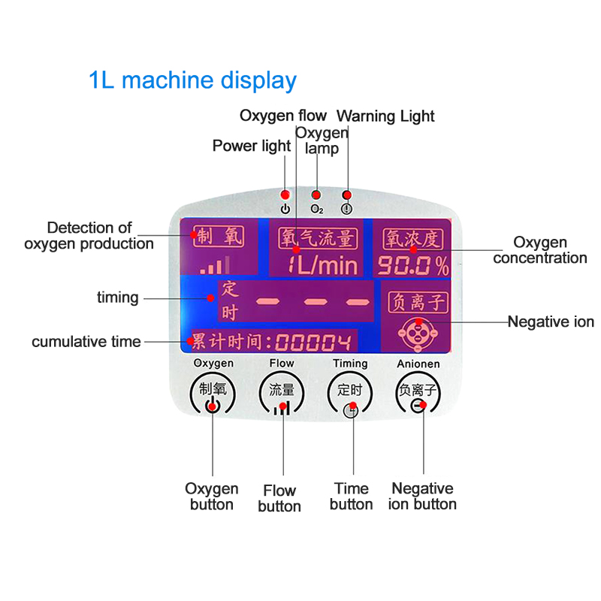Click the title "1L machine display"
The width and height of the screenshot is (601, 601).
(192, 80)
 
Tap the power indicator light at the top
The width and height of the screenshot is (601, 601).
(285, 195)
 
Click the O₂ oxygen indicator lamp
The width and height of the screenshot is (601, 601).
(317, 195)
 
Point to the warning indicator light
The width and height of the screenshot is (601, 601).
(346, 195)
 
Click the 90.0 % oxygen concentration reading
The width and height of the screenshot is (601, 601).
(412, 264)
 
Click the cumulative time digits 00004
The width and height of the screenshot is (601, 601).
(313, 343)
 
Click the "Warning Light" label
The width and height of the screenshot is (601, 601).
(385, 116)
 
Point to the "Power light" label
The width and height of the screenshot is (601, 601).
(251, 146)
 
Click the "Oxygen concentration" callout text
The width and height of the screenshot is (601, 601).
(539, 250)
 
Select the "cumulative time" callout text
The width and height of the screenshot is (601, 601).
(86, 342)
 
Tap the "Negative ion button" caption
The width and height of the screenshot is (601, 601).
(422, 497)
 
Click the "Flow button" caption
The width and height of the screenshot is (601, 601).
(279, 499)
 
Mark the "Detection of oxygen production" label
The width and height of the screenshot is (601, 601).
(89, 235)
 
